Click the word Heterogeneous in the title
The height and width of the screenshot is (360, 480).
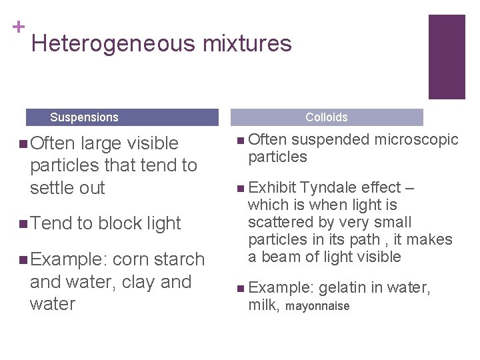coord(113,44)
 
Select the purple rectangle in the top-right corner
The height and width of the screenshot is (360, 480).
coord(446,57)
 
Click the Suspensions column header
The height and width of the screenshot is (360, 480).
coord(84,117)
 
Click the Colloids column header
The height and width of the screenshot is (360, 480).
coord(326,117)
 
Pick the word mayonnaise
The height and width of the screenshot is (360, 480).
coord(317,306)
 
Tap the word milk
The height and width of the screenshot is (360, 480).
coord(263,305)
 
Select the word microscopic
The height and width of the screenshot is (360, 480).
coord(417,139)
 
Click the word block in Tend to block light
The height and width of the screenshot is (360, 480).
coord(121,223)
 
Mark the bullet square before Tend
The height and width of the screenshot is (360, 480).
coord(24,223)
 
